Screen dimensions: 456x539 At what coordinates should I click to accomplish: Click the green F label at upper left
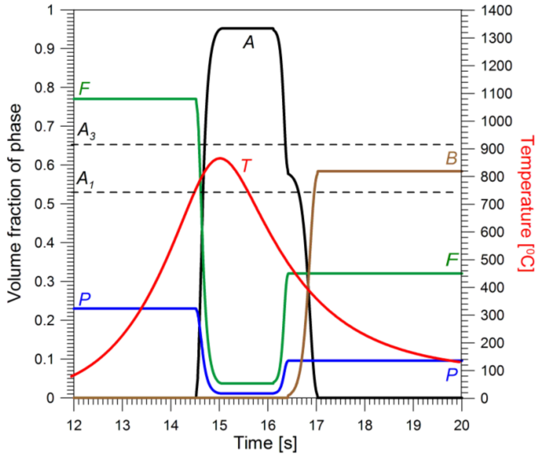click(x=84, y=89)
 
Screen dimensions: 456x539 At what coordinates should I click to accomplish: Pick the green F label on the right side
click(x=452, y=260)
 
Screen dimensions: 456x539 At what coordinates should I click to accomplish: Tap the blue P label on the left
click(x=84, y=299)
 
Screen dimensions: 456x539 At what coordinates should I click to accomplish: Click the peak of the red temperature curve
click(x=220, y=158)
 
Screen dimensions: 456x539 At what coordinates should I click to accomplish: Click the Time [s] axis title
click(x=265, y=443)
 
